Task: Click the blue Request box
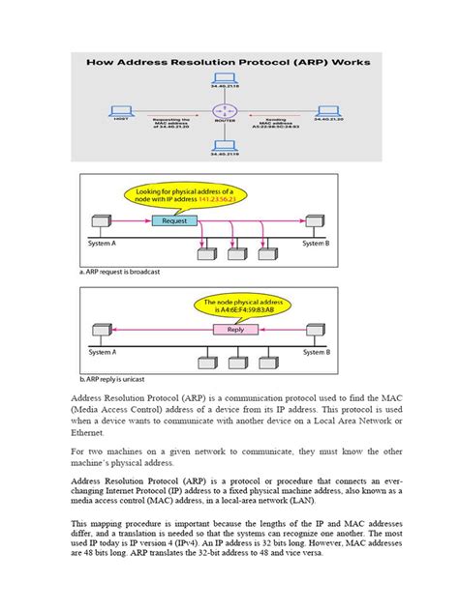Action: point(174,219)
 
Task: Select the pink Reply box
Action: point(235,329)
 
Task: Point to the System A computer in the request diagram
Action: point(99,222)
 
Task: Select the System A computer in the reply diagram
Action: point(99,332)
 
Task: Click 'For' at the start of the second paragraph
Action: point(80,453)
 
